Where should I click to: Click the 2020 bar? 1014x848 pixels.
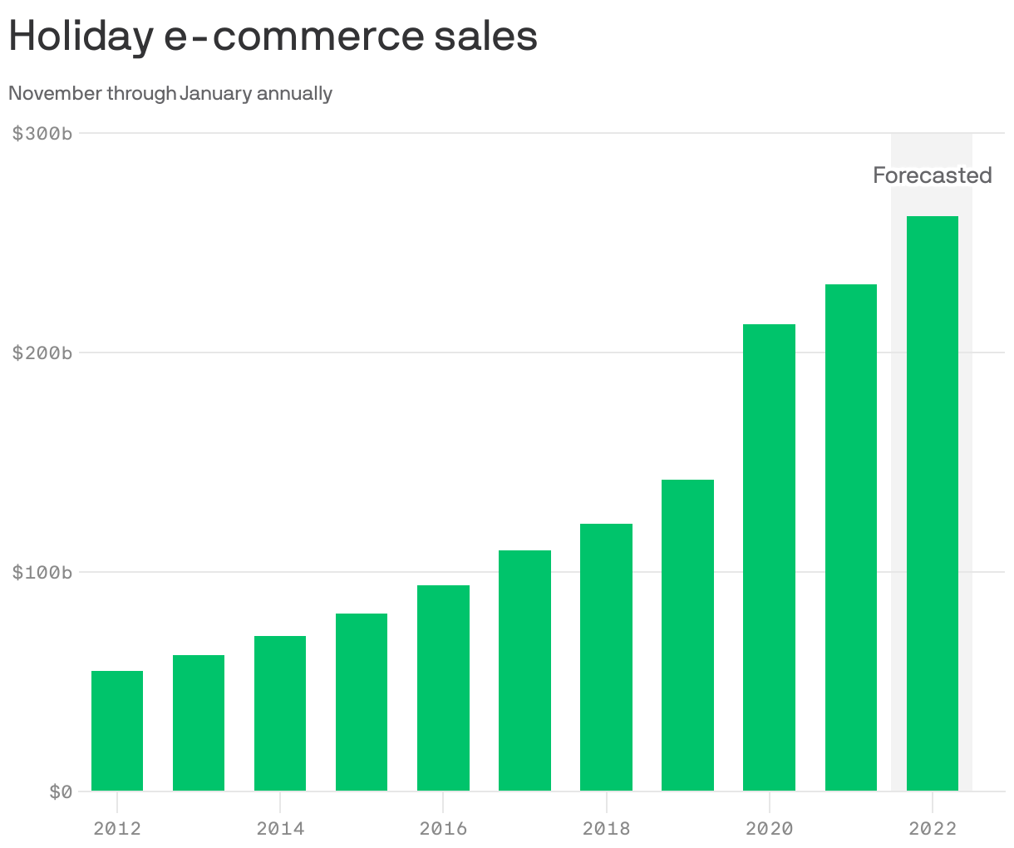coord(769,557)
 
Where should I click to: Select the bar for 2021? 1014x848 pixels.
coord(850,537)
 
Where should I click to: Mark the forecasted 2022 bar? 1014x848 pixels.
coord(932,503)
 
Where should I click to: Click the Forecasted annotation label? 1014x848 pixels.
coord(932,175)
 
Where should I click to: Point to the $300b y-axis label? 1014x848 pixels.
coord(42,133)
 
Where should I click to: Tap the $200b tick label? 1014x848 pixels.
coord(42,353)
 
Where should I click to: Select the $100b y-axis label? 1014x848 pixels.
coord(42,572)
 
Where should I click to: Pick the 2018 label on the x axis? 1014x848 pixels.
coord(606,828)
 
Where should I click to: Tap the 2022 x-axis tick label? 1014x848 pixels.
coord(932,828)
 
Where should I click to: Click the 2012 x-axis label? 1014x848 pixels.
coord(117,828)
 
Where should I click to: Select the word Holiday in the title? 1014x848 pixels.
coord(81,37)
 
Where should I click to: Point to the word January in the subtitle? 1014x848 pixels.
coord(215,93)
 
